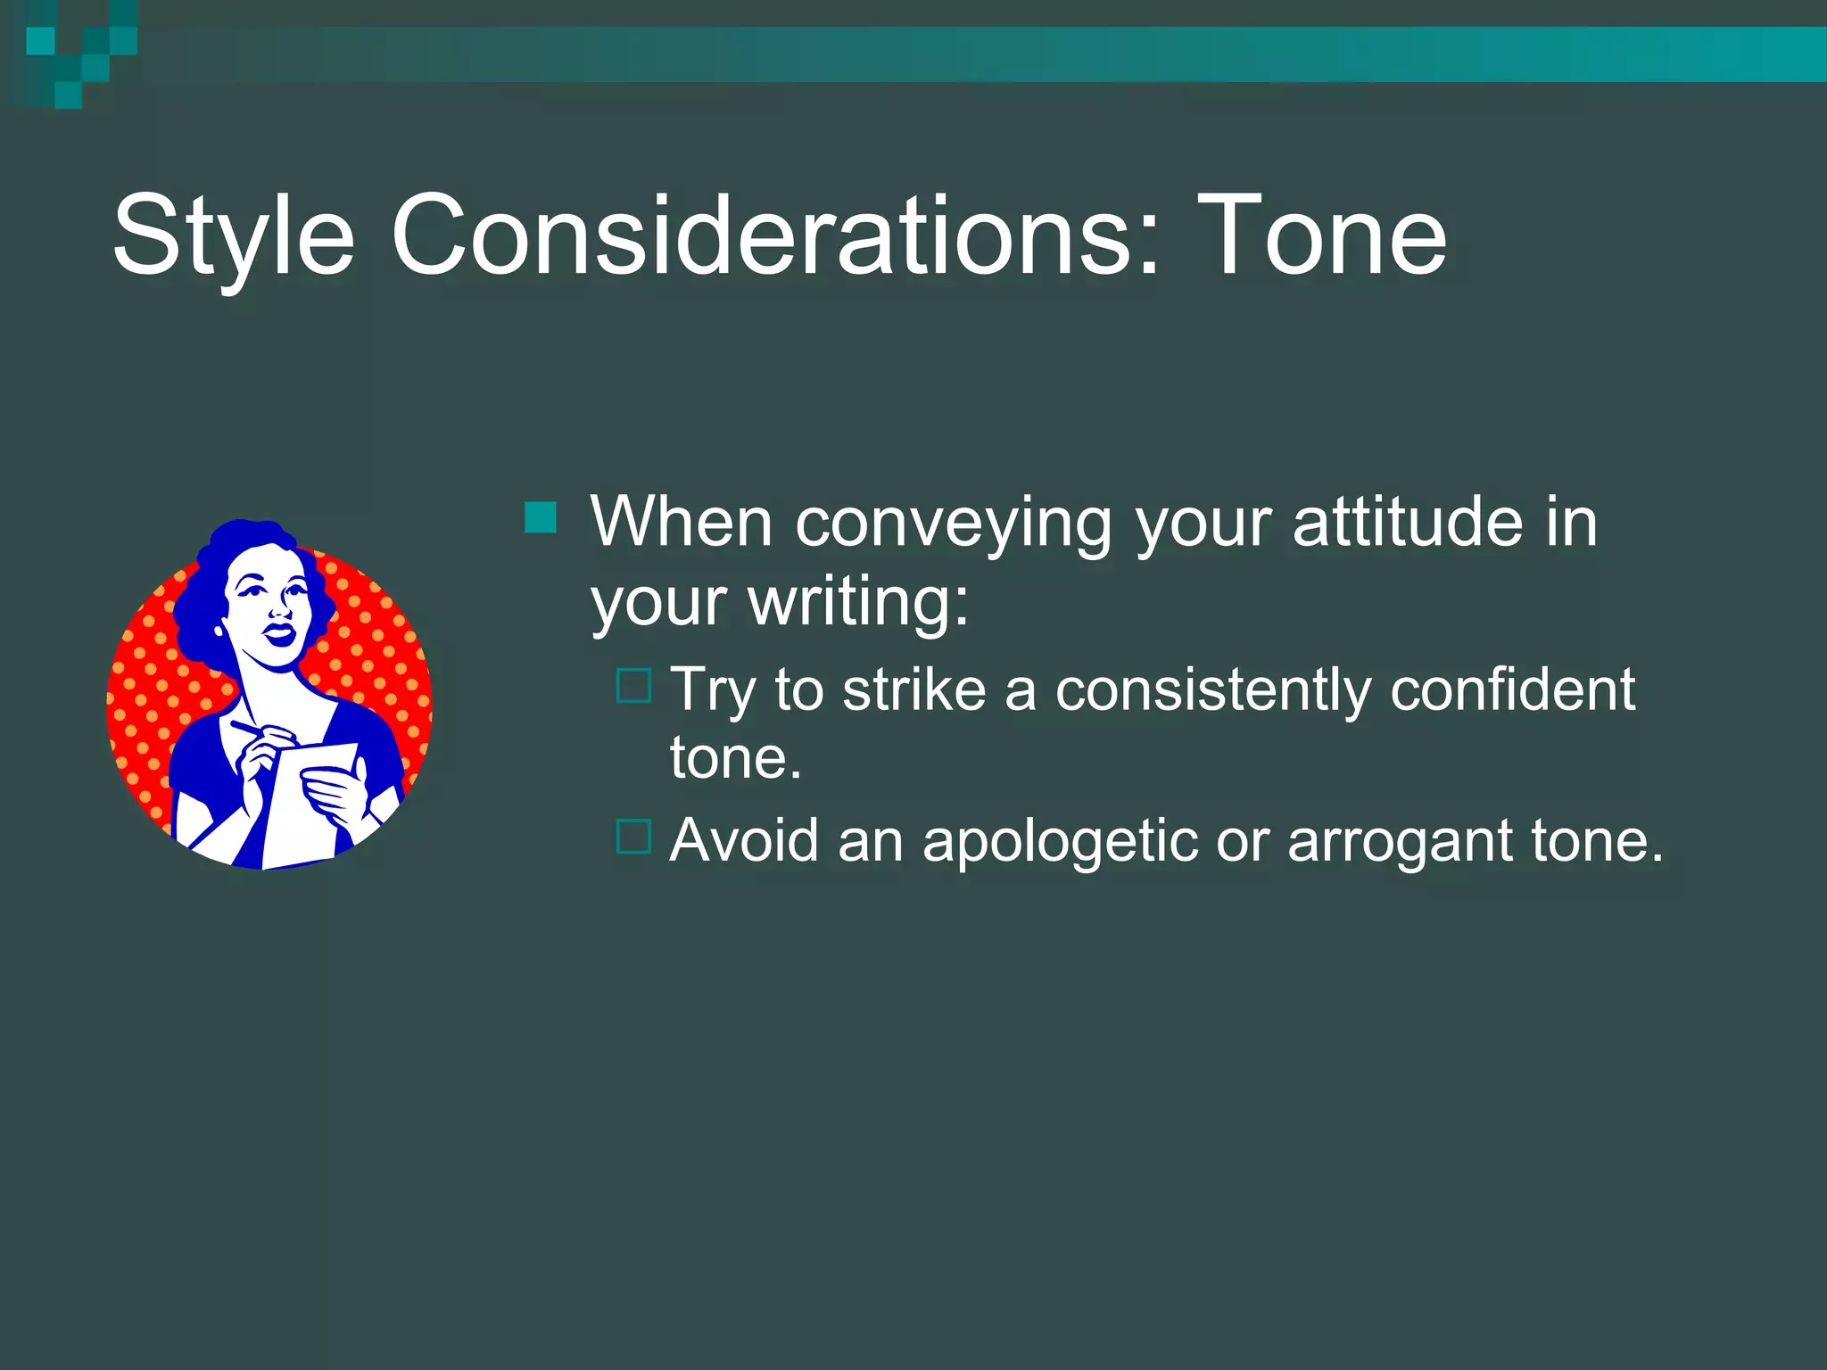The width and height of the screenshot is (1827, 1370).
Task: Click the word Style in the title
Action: coord(234,236)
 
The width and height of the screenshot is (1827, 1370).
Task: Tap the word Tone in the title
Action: coord(1321,236)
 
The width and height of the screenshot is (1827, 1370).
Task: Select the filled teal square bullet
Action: coord(541,517)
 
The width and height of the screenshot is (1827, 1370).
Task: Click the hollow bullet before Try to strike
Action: coord(633,686)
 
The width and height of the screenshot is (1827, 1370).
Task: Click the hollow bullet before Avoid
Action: coord(633,837)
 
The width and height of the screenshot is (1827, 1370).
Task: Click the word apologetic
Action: coord(1059,842)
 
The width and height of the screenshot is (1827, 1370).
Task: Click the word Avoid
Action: coord(744,840)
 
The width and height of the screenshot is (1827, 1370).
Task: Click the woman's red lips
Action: coord(279,634)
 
